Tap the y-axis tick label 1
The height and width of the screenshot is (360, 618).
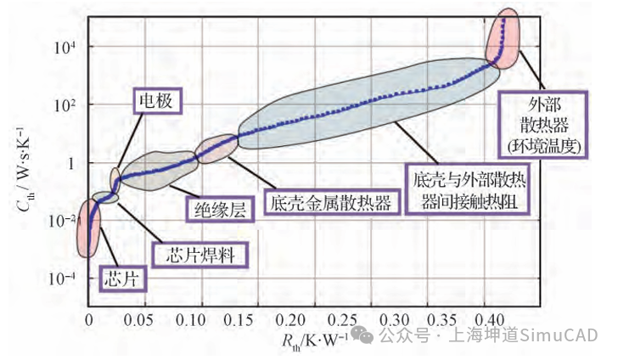73,162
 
